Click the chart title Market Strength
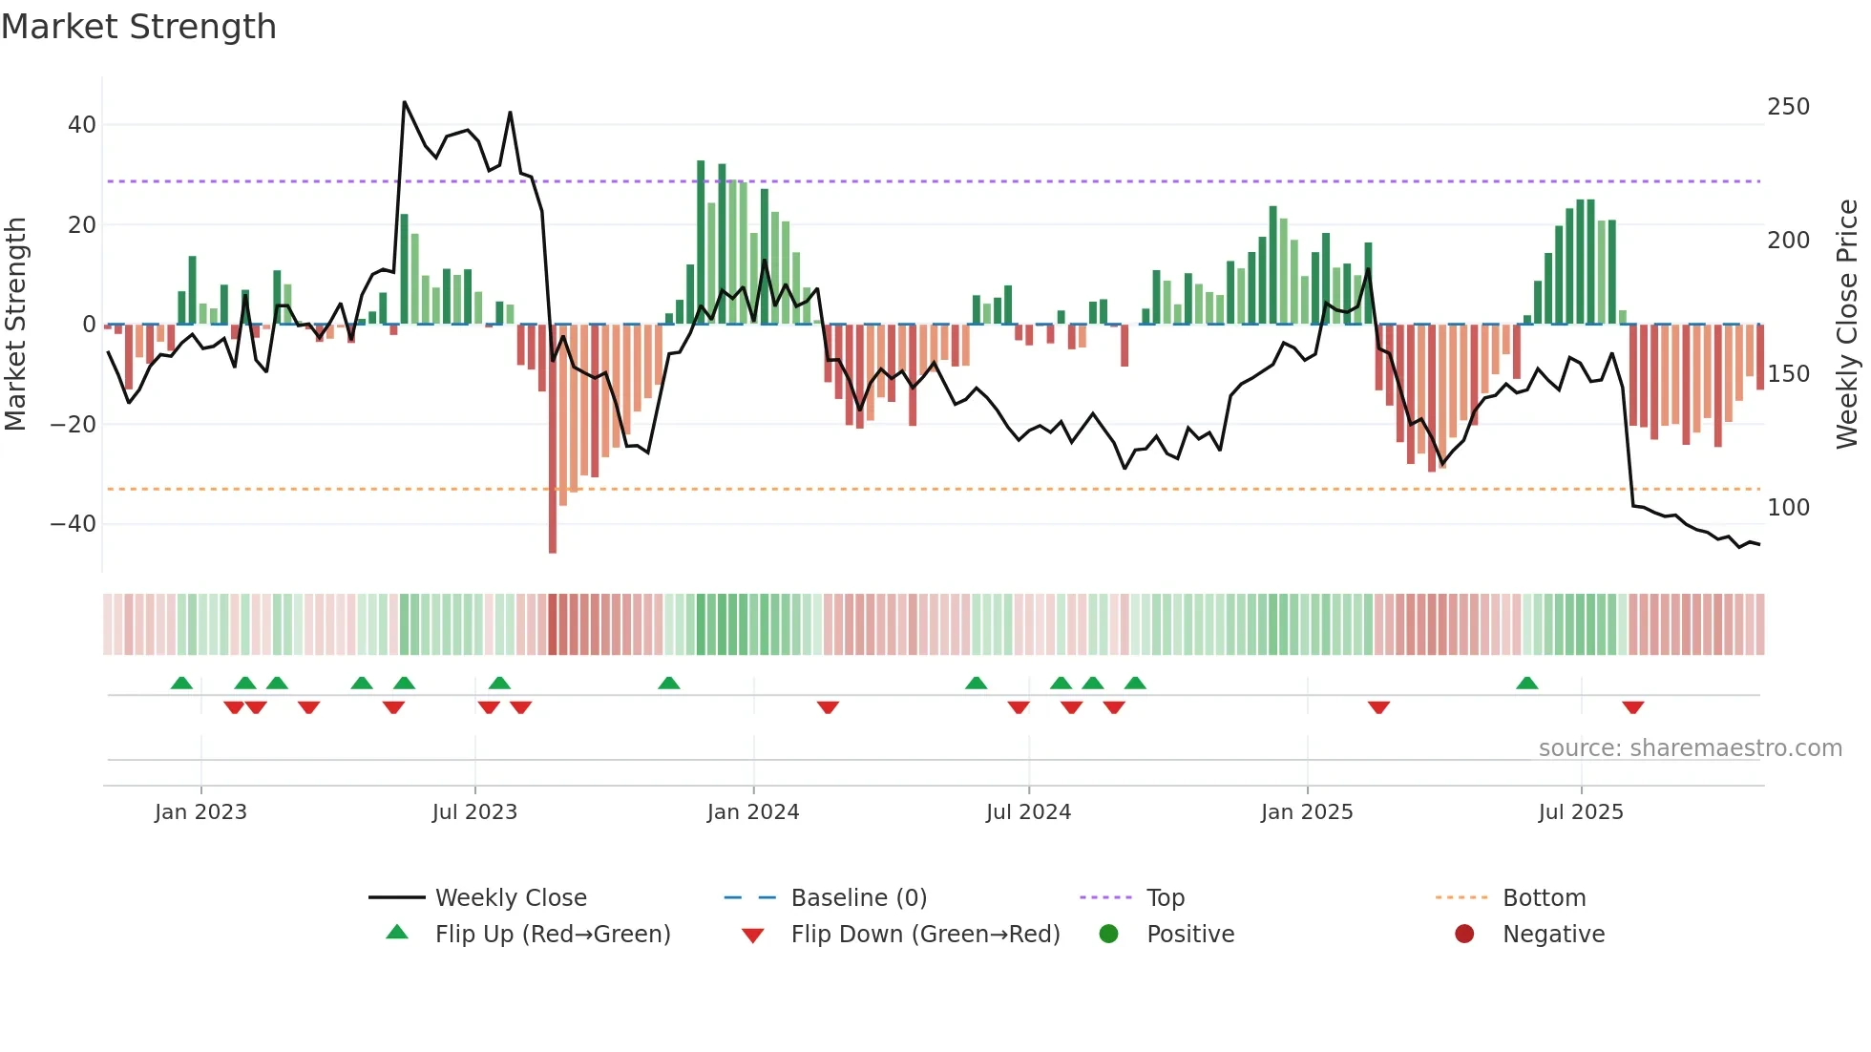[138, 27]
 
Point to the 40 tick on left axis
[82, 125]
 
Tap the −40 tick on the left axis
[74, 524]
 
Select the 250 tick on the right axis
[1788, 107]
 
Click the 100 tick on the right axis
[1788, 508]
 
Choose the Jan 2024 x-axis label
[753, 812]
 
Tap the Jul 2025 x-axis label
[1581, 812]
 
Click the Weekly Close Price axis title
[1847, 325]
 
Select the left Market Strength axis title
[15, 325]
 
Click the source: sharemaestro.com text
[1690, 748]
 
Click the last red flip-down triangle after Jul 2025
[1632, 707]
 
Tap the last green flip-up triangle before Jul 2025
[1526, 684]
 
